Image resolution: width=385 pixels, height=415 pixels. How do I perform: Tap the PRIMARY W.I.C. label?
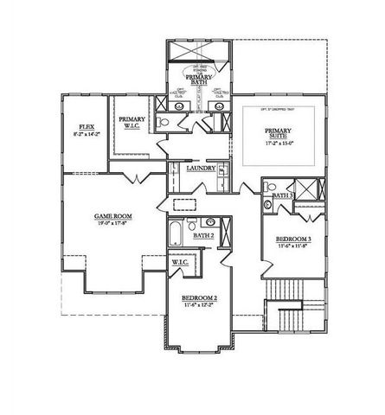point(132,124)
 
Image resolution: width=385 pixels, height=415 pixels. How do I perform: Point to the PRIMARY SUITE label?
point(279,135)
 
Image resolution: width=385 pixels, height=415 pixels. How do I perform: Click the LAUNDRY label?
point(201,168)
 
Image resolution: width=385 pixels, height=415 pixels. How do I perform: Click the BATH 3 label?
point(283,196)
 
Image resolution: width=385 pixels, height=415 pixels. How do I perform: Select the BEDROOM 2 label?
point(198,298)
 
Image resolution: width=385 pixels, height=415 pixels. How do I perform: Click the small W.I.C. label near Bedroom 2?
point(181,262)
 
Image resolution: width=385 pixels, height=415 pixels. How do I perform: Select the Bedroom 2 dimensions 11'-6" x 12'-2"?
point(198,306)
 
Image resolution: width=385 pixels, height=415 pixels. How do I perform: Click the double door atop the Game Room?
point(132,177)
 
